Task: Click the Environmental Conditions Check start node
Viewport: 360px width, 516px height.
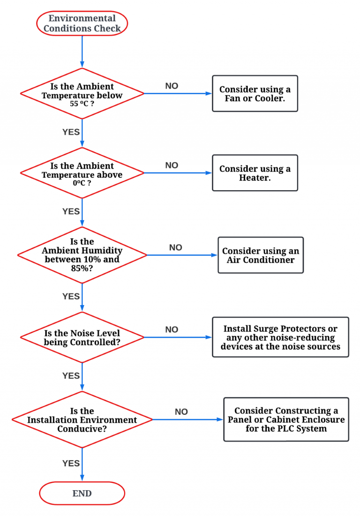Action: click(82, 23)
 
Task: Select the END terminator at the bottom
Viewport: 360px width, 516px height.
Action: click(82, 493)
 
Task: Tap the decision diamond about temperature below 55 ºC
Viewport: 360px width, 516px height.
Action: click(82, 93)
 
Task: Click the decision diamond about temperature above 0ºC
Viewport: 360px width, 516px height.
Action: click(82, 173)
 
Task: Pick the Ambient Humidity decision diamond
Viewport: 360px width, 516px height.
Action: click(82, 255)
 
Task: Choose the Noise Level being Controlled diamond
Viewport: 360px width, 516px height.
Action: click(82, 337)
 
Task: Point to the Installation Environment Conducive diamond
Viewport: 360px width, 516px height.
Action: click(82, 419)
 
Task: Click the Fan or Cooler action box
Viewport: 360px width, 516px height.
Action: click(255, 94)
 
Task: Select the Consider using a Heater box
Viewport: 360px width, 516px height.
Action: click(255, 173)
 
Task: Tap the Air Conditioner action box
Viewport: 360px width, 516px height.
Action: click(261, 255)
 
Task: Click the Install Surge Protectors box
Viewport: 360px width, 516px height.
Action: click(280, 337)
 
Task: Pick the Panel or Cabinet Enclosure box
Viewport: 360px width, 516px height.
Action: click(286, 419)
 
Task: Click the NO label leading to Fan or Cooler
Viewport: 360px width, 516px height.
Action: click(172, 86)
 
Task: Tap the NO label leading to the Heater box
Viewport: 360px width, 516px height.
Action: click(172, 165)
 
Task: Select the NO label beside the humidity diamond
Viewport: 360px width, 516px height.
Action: click(175, 247)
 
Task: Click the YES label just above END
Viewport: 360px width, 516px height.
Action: click(71, 464)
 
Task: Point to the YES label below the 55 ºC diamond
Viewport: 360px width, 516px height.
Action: click(71, 132)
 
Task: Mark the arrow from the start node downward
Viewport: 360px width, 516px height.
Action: click(82, 52)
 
